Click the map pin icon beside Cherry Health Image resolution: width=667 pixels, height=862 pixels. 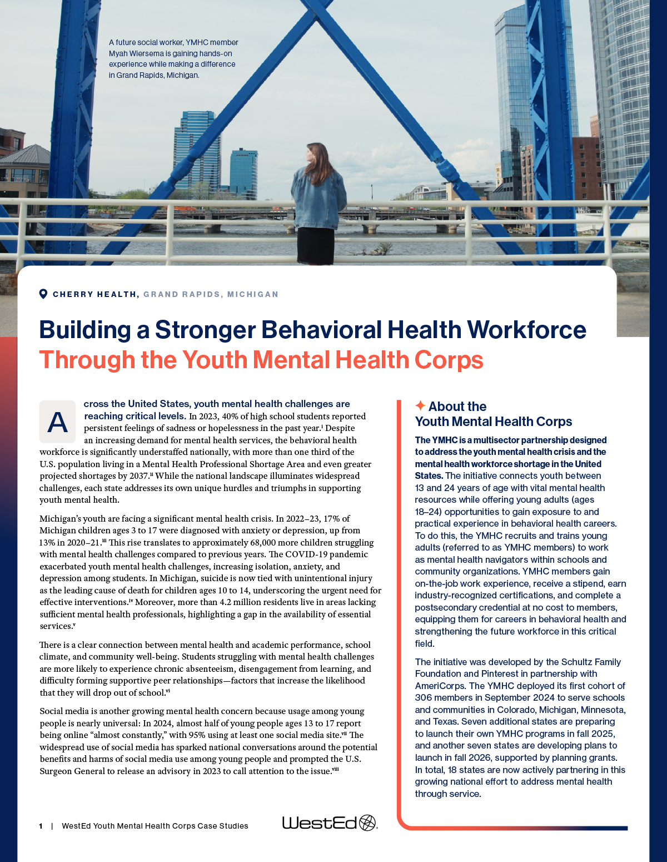coord(43,294)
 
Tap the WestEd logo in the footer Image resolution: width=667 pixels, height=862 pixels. coord(330,823)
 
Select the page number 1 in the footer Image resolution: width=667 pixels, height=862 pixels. coord(41,826)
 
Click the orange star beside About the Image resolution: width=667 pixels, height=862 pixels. coord(420,405)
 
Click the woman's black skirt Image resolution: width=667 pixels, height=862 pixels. coord(315,245)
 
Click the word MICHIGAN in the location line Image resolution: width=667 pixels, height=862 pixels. coord(253,294)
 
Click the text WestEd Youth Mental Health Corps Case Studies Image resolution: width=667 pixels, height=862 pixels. coord(155,826)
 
